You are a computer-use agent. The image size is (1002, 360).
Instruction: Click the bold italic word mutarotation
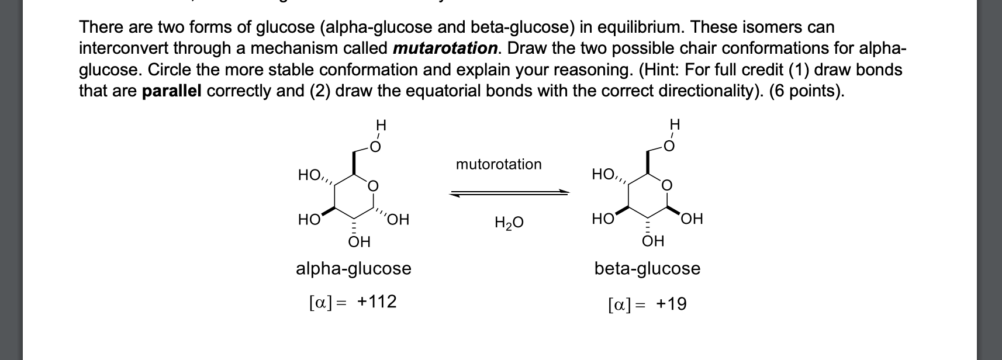pyautogui.click(x=445, y=48)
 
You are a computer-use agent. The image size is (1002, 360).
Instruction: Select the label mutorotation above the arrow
pyautogui.click(x=499, y=164)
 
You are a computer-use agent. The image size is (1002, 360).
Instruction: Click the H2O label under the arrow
pyautogui.click(x=509, y=222)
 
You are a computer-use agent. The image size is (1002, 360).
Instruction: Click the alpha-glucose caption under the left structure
pyautogui.click(x=354, y=268)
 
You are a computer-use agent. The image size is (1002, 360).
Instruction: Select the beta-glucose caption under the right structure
pyautogui.click(x=647, y=268)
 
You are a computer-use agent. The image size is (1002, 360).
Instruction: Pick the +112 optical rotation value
pyautogui.click(x=377, y=302)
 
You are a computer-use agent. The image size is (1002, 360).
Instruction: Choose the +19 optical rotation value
pyautogui.click(x=671, y=304)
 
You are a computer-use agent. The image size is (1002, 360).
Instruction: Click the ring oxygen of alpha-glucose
pyautogui.click(x=373, y=186)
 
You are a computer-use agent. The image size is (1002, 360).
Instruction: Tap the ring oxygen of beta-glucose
pyautogui.click(x=667, y=186)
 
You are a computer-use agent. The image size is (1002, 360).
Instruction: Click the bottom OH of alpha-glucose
pyautogui.click(x=359, y=241)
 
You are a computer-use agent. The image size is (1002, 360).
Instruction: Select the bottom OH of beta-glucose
pyautogui.click(x=653, y=241)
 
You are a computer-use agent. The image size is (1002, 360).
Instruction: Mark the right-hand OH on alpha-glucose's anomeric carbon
pyautogui.click(x=398, y=220)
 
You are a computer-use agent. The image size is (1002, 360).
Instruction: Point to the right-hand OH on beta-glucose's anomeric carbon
pyautogui.click(x=692, y=219)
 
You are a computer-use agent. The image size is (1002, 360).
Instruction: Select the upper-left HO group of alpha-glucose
pyautogui.click(x=309, y=175)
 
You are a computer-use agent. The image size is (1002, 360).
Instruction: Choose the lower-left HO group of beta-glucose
pyautogui.click(x=602, y=219)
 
